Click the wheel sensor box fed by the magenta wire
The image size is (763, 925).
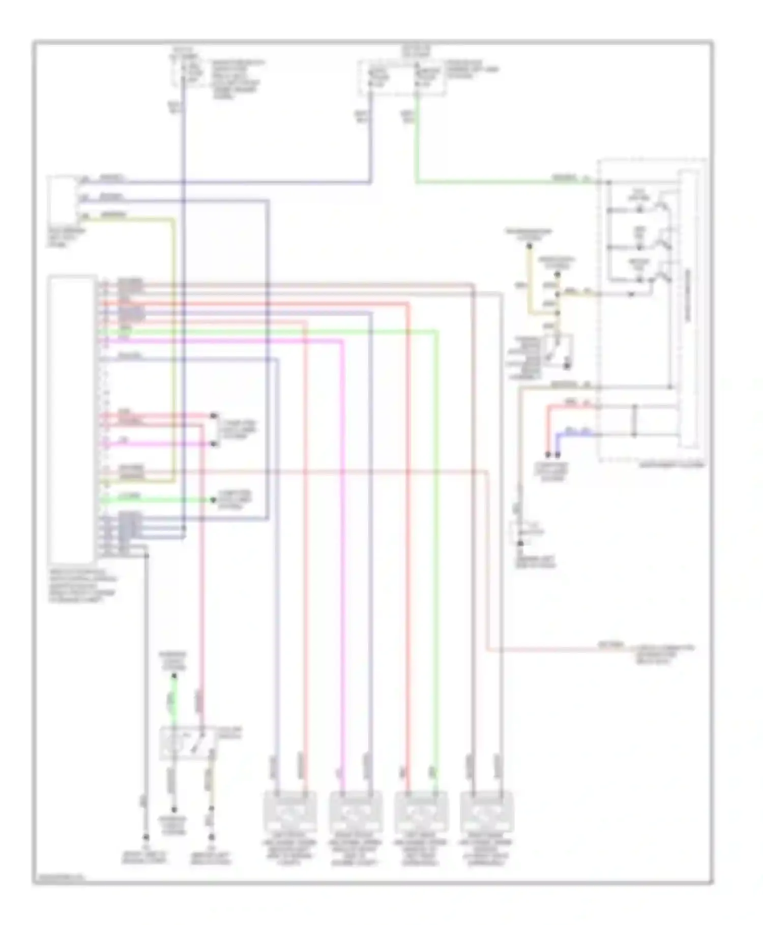[356, 812]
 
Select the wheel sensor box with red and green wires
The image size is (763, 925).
[421, 812]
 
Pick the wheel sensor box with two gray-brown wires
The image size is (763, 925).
[486, 812]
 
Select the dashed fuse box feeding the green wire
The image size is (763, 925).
[402, 77]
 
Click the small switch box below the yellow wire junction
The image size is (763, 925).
[558, 350]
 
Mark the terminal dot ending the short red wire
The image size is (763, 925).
[548, 454]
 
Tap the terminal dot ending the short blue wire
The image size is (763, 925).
[558, 454]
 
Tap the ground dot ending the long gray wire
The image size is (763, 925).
[146, 837]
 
